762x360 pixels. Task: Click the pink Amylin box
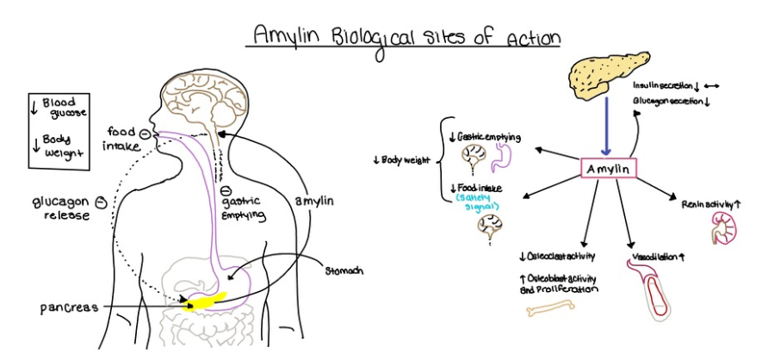(x=609, y=169)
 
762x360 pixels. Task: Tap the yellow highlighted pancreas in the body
(x=207, y=301)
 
